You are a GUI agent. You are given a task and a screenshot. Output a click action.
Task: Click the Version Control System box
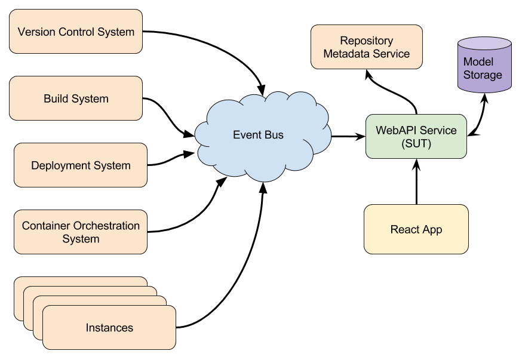76,31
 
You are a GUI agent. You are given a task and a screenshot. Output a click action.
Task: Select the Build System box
76,99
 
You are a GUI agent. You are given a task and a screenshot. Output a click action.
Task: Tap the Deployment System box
81,165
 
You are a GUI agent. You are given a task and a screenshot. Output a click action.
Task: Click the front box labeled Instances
109,328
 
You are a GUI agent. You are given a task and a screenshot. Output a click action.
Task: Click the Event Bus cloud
258,136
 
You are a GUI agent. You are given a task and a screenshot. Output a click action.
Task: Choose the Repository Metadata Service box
366,47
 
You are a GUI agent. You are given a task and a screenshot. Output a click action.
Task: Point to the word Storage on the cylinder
483,75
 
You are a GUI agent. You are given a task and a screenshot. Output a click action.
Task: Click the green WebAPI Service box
416,137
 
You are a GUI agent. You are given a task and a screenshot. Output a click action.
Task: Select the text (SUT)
416,143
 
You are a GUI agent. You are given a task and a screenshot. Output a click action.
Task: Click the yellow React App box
416,229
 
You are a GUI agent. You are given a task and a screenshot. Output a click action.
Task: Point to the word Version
36,32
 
